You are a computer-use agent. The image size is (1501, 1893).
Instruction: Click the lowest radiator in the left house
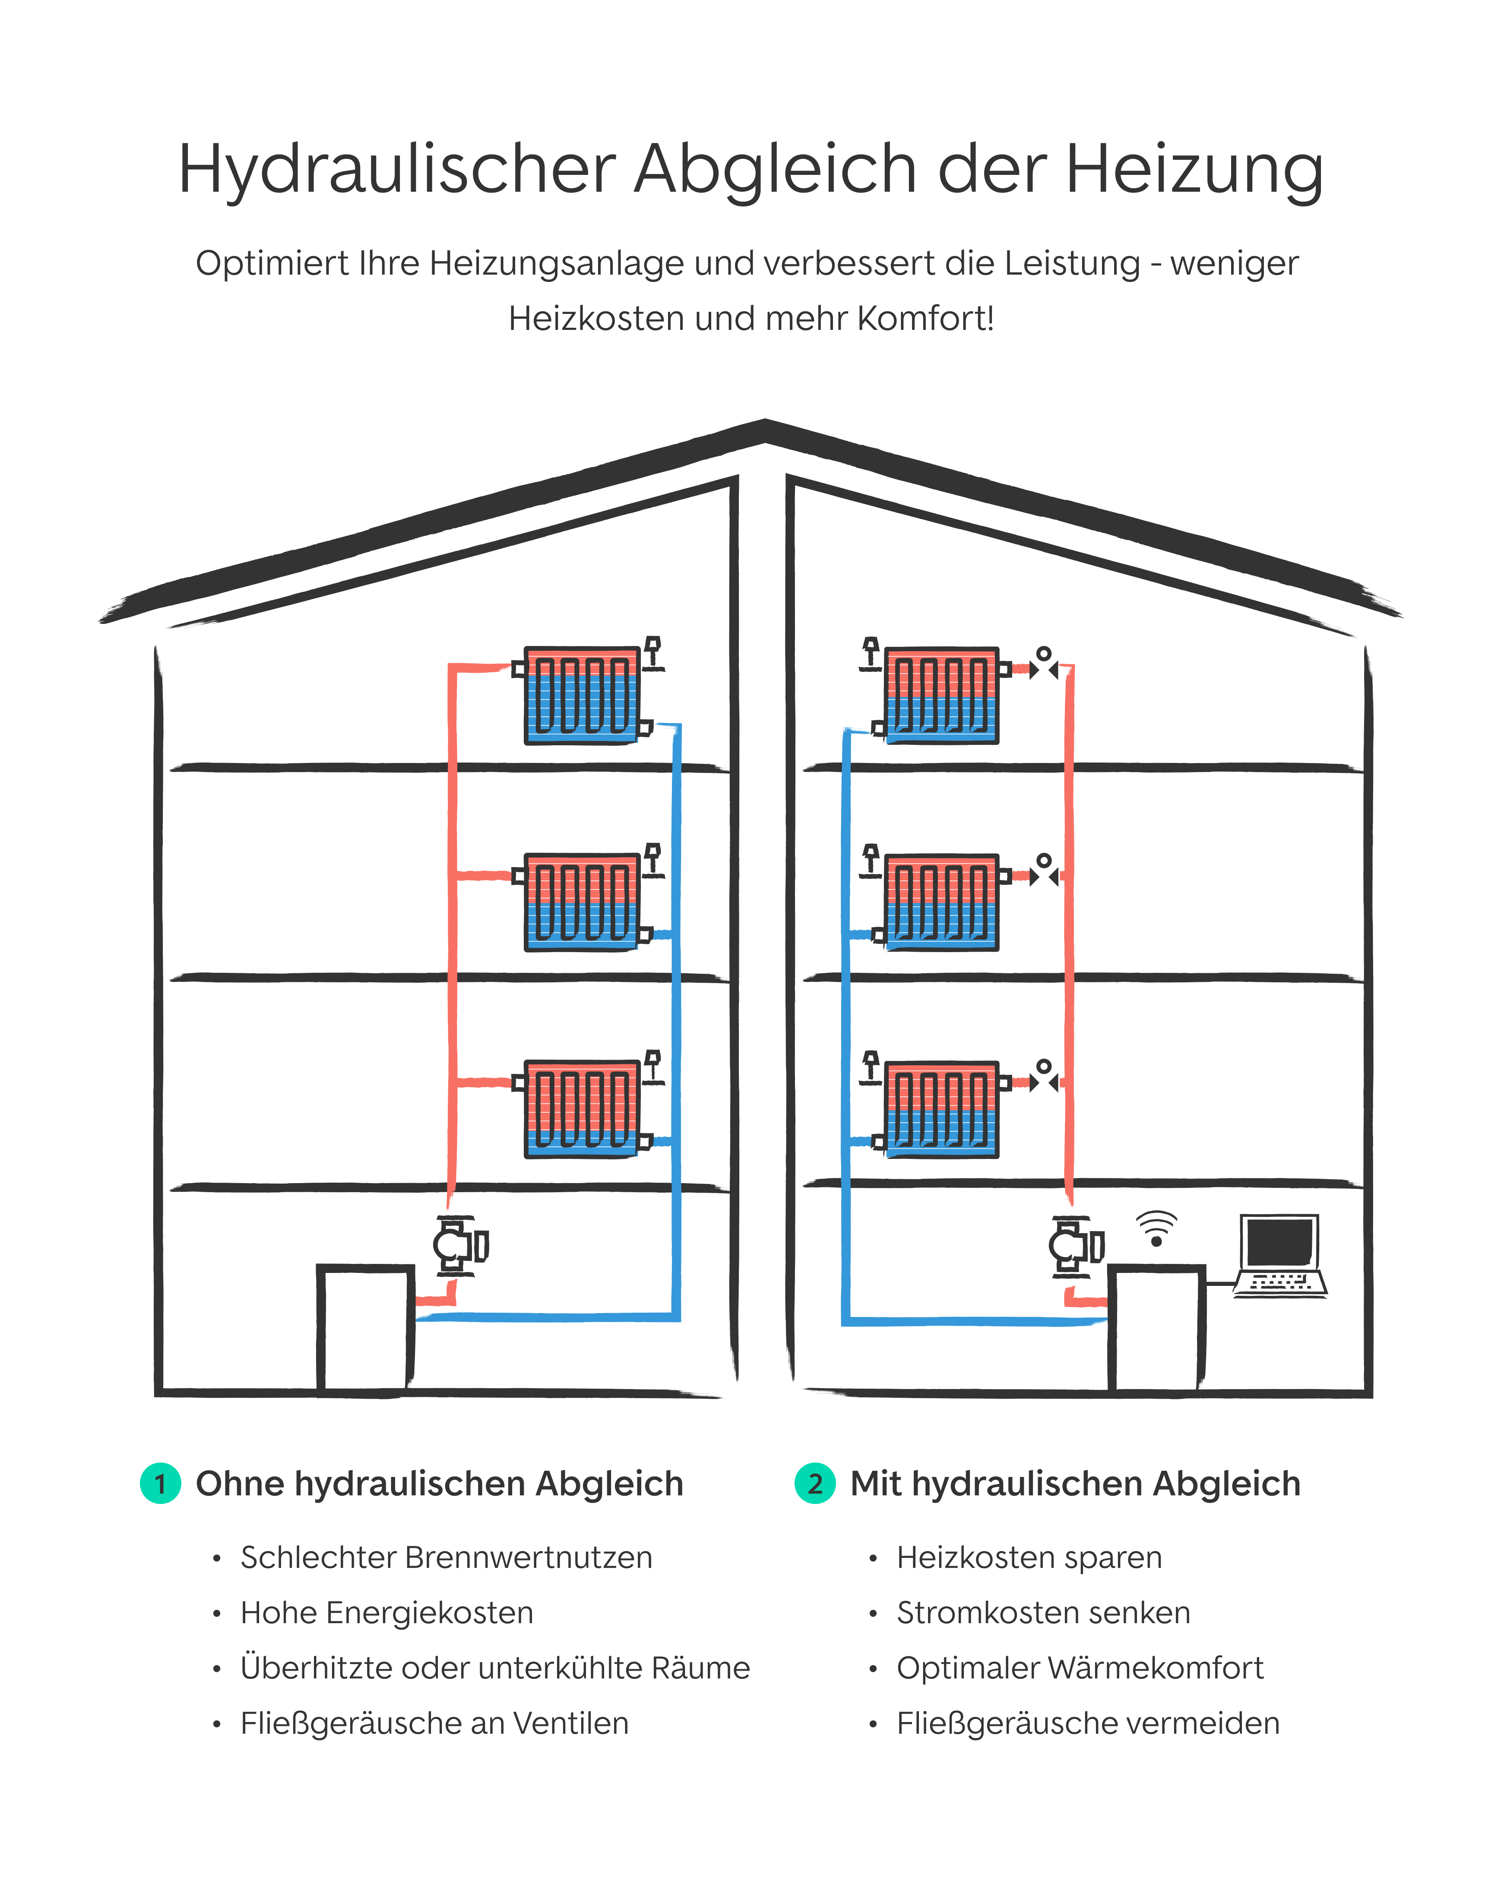(x=581, y=1109)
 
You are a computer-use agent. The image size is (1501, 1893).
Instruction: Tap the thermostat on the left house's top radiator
(x=652, y=652)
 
